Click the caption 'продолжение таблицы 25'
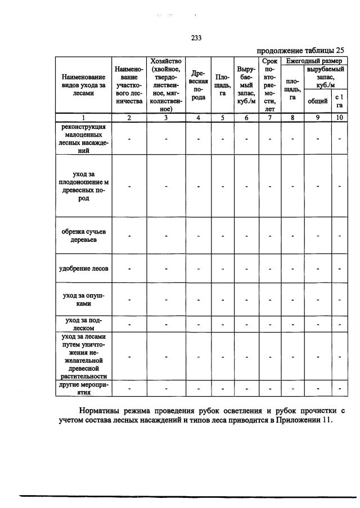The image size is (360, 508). point(303,51)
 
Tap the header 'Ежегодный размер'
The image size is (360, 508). point(314,60)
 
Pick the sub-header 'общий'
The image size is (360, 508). point(318,101)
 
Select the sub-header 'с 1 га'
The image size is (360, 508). point(339,101)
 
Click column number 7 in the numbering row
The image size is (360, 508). point(269,118)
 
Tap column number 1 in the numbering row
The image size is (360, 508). point(83,118)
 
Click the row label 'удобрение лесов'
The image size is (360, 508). point(83,268)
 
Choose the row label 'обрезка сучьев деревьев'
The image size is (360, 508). point(83,235)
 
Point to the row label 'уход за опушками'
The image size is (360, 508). point(83,299)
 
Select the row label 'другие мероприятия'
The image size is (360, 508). point(83,389)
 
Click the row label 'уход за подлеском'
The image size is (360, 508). point(83,323)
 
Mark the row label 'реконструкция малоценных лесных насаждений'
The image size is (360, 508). point(83,139)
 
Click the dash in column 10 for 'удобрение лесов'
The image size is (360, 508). point(339,268)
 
